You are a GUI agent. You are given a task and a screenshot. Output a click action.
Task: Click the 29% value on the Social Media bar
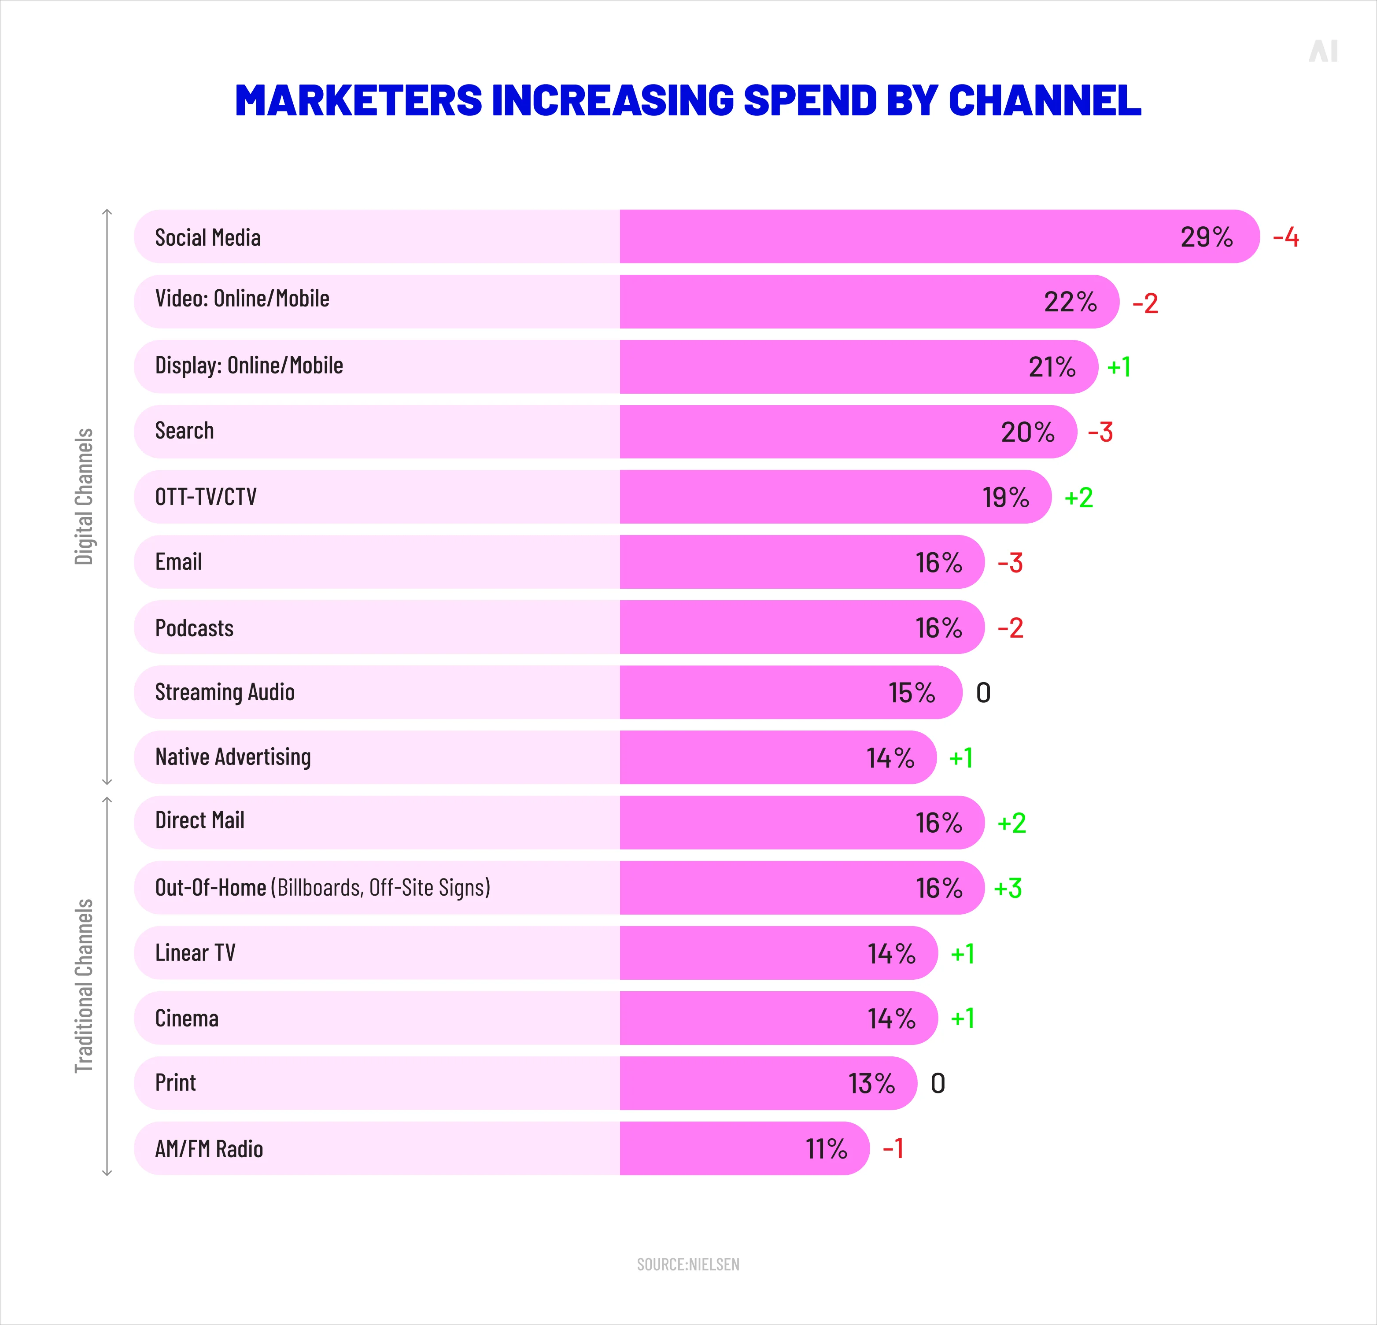tap(1206, 237)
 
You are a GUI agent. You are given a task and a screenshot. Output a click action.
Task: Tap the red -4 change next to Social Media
tap(1286, 237)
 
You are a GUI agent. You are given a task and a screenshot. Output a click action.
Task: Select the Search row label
tap(184, 431)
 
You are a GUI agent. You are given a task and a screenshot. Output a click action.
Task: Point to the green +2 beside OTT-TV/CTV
tap(1078, 498)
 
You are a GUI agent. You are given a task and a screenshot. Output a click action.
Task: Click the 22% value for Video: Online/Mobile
tap(1070, 302)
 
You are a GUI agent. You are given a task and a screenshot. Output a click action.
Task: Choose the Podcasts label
tap(194, 628)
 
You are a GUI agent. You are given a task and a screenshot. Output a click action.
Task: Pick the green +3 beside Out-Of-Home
tap(1008, 888)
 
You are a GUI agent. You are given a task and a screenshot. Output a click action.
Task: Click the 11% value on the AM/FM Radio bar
tap(826, 1149)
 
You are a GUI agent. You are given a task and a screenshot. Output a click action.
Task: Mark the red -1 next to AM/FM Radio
tap(893, 1149)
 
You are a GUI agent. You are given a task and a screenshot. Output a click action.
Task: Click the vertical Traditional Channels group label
tap(84, 985)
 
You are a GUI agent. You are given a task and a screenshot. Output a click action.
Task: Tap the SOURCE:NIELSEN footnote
tap(688, 1265)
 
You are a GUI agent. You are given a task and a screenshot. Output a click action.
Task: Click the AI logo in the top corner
tap(1323, 51)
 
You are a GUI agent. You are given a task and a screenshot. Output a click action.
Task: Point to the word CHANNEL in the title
tap(1045, 100)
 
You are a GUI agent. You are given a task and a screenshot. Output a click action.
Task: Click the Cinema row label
tap(186, 1019)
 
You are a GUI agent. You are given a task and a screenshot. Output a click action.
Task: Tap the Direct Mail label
tap(199, 820)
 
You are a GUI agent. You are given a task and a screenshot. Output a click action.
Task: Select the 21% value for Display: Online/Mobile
tap(1052, 367)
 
